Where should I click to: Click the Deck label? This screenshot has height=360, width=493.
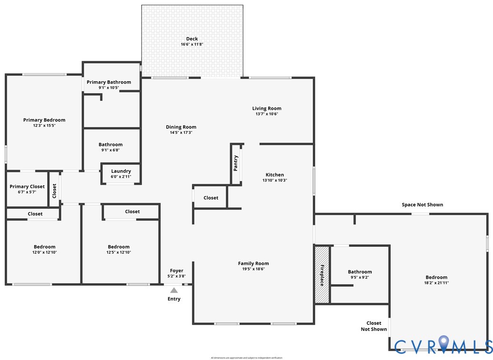[x=192, y=39]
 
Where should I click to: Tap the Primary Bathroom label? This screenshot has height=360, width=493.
[x=109, y=82]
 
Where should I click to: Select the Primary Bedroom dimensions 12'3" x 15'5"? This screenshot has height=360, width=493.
[x=44, y=125]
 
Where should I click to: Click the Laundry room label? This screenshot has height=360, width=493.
[x=121, y=171]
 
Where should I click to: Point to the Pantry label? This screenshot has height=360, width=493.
[x=236, y=163]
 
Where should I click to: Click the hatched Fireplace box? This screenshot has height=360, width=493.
[x=322, y=274]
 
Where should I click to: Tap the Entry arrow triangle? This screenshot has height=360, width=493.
[x=174, y=290]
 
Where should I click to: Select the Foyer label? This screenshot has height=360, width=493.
[x=176, y=271]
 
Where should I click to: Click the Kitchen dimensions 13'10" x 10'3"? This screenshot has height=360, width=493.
[x=275, y=180]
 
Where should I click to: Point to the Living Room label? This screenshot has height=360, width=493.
[x=267, y=108]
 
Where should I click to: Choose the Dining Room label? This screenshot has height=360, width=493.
[x=181, y=127]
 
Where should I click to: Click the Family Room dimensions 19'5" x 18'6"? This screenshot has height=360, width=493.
[x=253, y=269]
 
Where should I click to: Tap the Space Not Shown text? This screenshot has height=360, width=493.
[x=422, y=205]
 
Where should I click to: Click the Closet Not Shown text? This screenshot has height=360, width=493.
[x=374, y=326]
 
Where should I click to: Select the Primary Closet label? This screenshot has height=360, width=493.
[x=27, y=187]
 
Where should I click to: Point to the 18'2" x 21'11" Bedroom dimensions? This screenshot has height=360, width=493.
[x=436, y=283]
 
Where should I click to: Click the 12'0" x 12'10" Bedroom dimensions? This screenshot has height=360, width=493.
[x=45, y=252]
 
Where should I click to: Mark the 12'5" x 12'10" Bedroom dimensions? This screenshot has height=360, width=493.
[x=118, y=252]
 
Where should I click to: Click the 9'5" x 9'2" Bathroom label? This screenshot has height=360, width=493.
[x=360, y=272]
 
